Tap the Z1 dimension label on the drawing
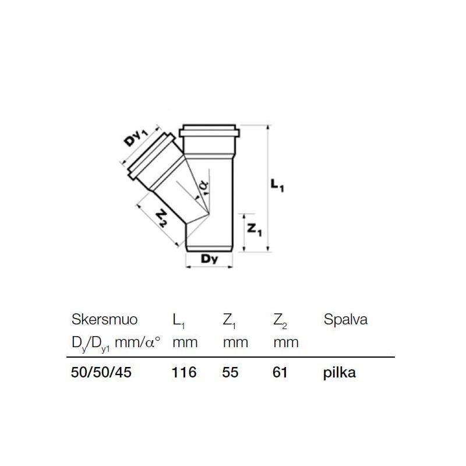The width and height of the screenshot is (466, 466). point(255,230)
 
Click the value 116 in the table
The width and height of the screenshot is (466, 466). point(184,373)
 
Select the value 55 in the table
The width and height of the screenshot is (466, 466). point(231,373)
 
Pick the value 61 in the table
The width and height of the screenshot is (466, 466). point(281,373)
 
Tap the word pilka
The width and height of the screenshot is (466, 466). point(339,373)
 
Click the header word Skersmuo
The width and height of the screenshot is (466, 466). point(104,320)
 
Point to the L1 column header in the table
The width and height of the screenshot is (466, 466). point(179,320)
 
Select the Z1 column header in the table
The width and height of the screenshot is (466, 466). point(230,320)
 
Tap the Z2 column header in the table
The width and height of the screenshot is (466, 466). point(280,320)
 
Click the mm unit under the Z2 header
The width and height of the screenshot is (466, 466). point(286,342)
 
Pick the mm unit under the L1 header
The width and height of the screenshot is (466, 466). point(185,342)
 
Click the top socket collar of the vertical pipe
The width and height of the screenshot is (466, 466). point(209,131)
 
